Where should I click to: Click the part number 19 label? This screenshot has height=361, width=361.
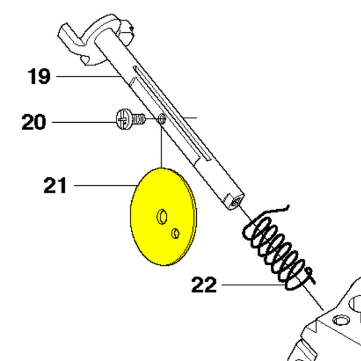(39, 76)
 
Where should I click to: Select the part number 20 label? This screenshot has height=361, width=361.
(34, 122)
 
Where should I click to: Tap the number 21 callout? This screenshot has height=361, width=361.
(55, 185)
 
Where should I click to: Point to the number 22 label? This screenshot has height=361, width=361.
(204, 285)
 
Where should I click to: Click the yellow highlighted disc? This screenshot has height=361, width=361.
(164, 217)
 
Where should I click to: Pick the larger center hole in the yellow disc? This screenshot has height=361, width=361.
(162, 217)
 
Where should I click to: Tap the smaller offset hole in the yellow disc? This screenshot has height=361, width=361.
(176, 233)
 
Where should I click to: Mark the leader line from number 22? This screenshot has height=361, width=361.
(253, 285)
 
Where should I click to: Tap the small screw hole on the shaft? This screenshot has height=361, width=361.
(162, 119)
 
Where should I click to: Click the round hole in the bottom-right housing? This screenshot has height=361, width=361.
(341, 320)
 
